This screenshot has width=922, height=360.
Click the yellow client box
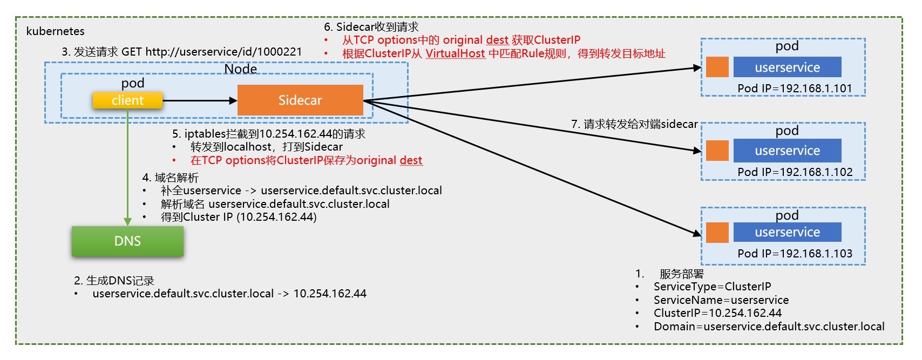click(127, 100)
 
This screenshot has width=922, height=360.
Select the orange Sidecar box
click(300, 100)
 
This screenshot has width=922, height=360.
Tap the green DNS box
click(127, 241)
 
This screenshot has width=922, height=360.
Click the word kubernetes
click(55, 31)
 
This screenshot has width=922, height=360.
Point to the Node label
click(241, 69)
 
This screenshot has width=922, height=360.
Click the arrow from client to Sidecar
click(200, 100)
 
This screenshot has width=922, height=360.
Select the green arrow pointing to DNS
click(127, 167)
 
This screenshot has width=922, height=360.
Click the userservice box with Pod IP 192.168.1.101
click(787, 67)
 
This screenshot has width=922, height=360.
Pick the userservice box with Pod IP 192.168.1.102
click(787, 151)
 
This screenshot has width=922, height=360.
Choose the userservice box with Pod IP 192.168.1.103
click(787, 232)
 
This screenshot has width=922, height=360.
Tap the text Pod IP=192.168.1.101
click(795, 89)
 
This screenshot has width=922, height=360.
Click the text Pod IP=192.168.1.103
click(795, 254)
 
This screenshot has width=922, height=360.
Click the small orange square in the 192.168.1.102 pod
click(717, 151)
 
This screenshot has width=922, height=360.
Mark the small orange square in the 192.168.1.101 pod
click(717, 67)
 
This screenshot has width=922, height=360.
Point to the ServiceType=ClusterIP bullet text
click(712, 287)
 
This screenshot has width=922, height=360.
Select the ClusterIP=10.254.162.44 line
click(717, 313)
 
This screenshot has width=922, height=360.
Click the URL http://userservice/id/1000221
click(223, 52)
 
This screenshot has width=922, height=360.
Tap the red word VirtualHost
click(455, 53)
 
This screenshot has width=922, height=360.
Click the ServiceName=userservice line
click(721, 300)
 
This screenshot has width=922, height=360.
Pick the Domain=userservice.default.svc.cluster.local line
click(769, 327)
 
